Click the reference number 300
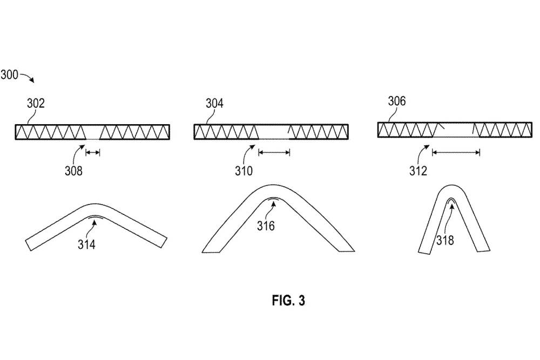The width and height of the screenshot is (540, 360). [9, 74]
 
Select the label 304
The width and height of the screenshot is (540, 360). [214, 103]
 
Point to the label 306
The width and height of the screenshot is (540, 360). [396, 101]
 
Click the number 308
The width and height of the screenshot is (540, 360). [74, 172]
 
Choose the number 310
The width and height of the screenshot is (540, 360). [243, 172]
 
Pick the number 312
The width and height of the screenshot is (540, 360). [418, 172]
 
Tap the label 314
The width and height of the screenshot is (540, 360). [86, 244]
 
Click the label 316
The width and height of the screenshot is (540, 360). [266, 226]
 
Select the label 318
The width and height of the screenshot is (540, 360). [446, 240]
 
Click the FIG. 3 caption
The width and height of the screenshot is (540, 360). [288, 301]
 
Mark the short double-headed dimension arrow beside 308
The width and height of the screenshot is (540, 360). [93, 153]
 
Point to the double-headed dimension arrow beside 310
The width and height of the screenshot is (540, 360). [274, 153]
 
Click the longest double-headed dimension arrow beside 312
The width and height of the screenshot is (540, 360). [456, 153]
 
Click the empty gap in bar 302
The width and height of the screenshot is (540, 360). [93, 132]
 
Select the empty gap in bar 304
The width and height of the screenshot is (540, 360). [273, 132]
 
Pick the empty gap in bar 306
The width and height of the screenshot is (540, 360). [457, 130]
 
